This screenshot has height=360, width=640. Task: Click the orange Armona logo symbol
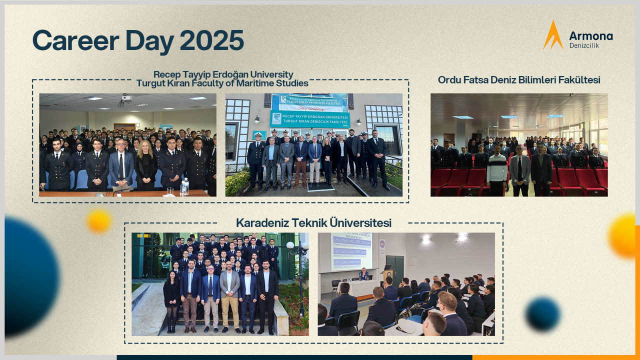click(x=552, y=35)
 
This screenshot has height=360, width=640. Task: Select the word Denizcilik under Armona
click(x=584, y=45)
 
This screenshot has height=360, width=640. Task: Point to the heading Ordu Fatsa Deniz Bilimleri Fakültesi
click(x=519, y=80)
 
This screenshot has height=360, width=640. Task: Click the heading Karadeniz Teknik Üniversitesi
click(x=313, y=223)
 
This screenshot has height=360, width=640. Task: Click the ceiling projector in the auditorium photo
click(x=126, y=99)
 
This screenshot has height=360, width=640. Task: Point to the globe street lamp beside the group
click(x=290, y=245)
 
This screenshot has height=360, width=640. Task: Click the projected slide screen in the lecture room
click(x=351, y=250)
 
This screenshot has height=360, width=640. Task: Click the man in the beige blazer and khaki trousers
click(x=230, y=295)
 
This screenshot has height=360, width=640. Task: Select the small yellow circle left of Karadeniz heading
click(x=98, y=221)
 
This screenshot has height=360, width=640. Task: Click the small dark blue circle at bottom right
click(x=542, y=314)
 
